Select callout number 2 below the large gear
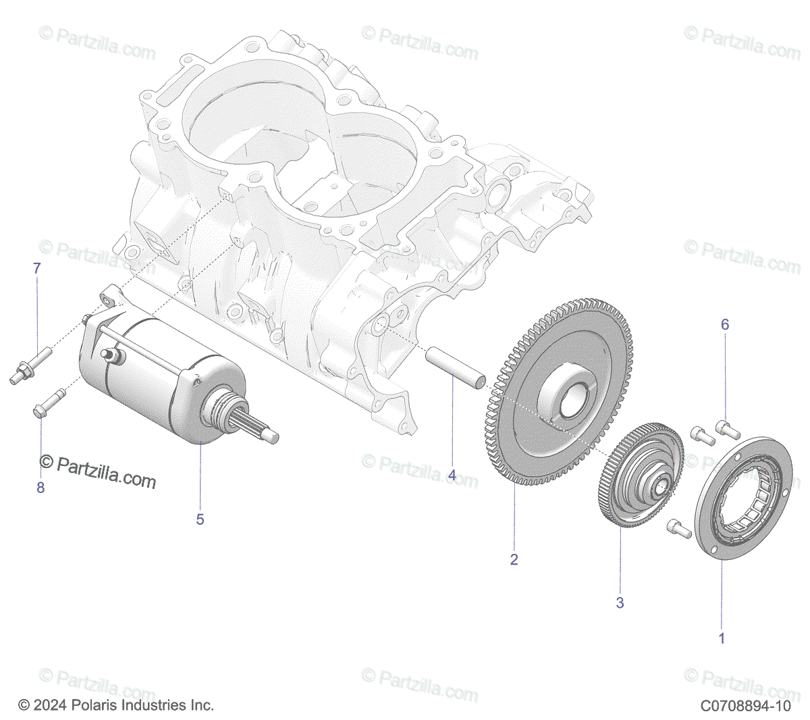coord(514,559)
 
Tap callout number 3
coord(620,602)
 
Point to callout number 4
coord(452,475)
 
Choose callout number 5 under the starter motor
coord(200,519)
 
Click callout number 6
coord(725,325)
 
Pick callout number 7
coord(37,269)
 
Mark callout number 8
coord(40,488)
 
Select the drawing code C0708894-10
coord(745,706)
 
